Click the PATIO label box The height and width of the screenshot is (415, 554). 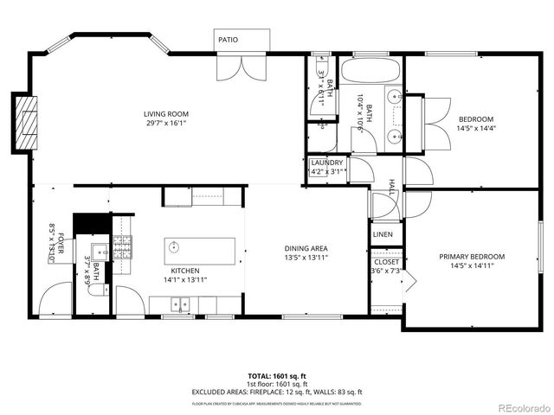(x=228, y=40)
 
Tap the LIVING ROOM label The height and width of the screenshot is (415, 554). (x=166, y=114)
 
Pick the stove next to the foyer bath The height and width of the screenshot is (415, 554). (x=121, y=248)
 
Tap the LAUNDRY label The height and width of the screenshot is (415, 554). (x=326, y=163)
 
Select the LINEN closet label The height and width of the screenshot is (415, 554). (x=382, y=234)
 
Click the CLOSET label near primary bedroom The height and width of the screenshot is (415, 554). (x=385, y=262)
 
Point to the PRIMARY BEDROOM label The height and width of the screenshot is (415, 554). (x=471, y=257)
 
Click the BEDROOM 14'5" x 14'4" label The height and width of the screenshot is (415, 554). (x=475, y=119)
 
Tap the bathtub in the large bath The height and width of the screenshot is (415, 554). (x=370, y=71)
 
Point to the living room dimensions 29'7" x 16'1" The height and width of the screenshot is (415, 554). (x=166, y=123)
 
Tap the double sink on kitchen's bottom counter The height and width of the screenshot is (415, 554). (x=181, y=303)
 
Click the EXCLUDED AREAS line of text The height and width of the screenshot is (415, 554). (x=276, y=392)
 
